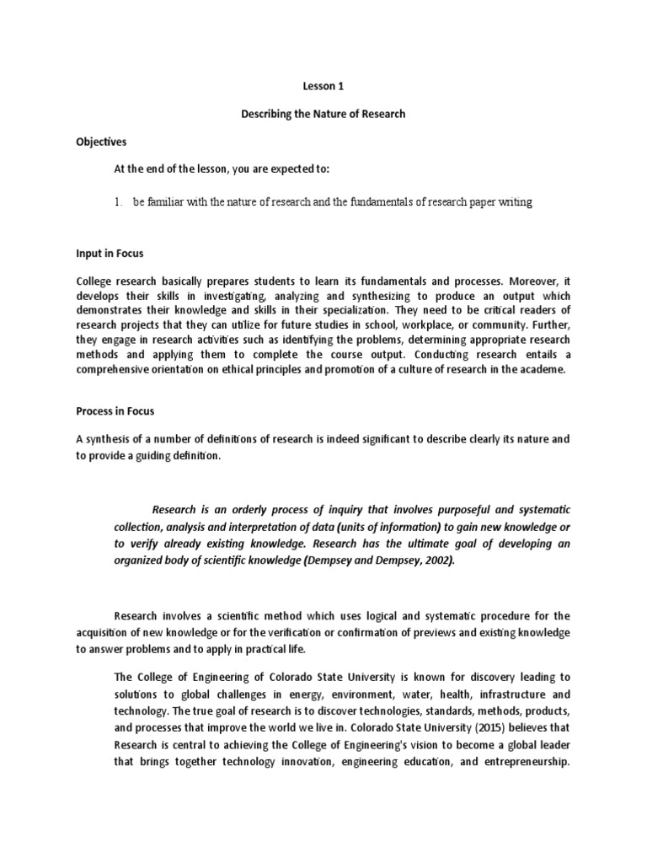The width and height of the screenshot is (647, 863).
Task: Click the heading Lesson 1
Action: tap(323, 86)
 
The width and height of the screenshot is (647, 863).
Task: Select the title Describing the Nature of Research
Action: tap(323, 114)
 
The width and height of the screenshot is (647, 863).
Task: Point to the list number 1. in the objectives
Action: tap(120, 203)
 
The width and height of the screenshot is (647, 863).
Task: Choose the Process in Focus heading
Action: tap(115, 411)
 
